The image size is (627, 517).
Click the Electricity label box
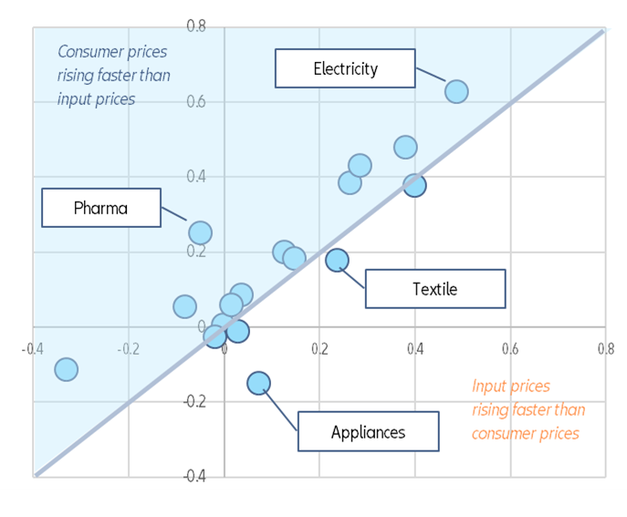click(345, 68)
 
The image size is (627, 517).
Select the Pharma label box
click(100, 208)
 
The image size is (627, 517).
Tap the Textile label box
click(434, 289)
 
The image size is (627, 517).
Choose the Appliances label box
click(368, 431)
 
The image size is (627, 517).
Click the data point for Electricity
click(456, 91)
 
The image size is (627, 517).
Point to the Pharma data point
click(200, 233)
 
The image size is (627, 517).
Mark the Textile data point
click(337, 260)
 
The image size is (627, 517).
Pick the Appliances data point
click(259, 382)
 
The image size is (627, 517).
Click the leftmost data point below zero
click(66, 369)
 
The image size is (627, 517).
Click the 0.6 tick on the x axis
click(509, 348)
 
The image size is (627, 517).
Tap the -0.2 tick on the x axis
click(127, 348)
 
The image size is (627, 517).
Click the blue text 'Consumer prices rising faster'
click(113, 75)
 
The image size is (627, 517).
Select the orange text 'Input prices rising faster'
click(525, 409)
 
